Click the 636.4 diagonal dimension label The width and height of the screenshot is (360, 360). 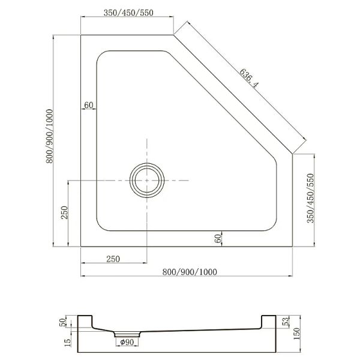[x=249, y=78]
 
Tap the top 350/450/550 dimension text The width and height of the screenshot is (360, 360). [x=128, y=13]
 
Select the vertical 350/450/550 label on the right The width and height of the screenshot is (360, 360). [x=310, y=198]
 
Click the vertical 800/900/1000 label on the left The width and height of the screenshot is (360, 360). [x=50, y=136]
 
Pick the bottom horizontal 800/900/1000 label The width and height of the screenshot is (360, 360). [x=190, y=272]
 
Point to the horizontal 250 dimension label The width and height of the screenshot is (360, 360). [x=113, y=259]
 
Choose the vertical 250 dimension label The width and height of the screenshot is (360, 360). [x=65, y=212]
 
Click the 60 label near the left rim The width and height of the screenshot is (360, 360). [x=89, y=105]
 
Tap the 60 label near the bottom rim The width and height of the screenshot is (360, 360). [x=218, y=239]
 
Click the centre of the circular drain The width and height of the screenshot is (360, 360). [x=147, y=181]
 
